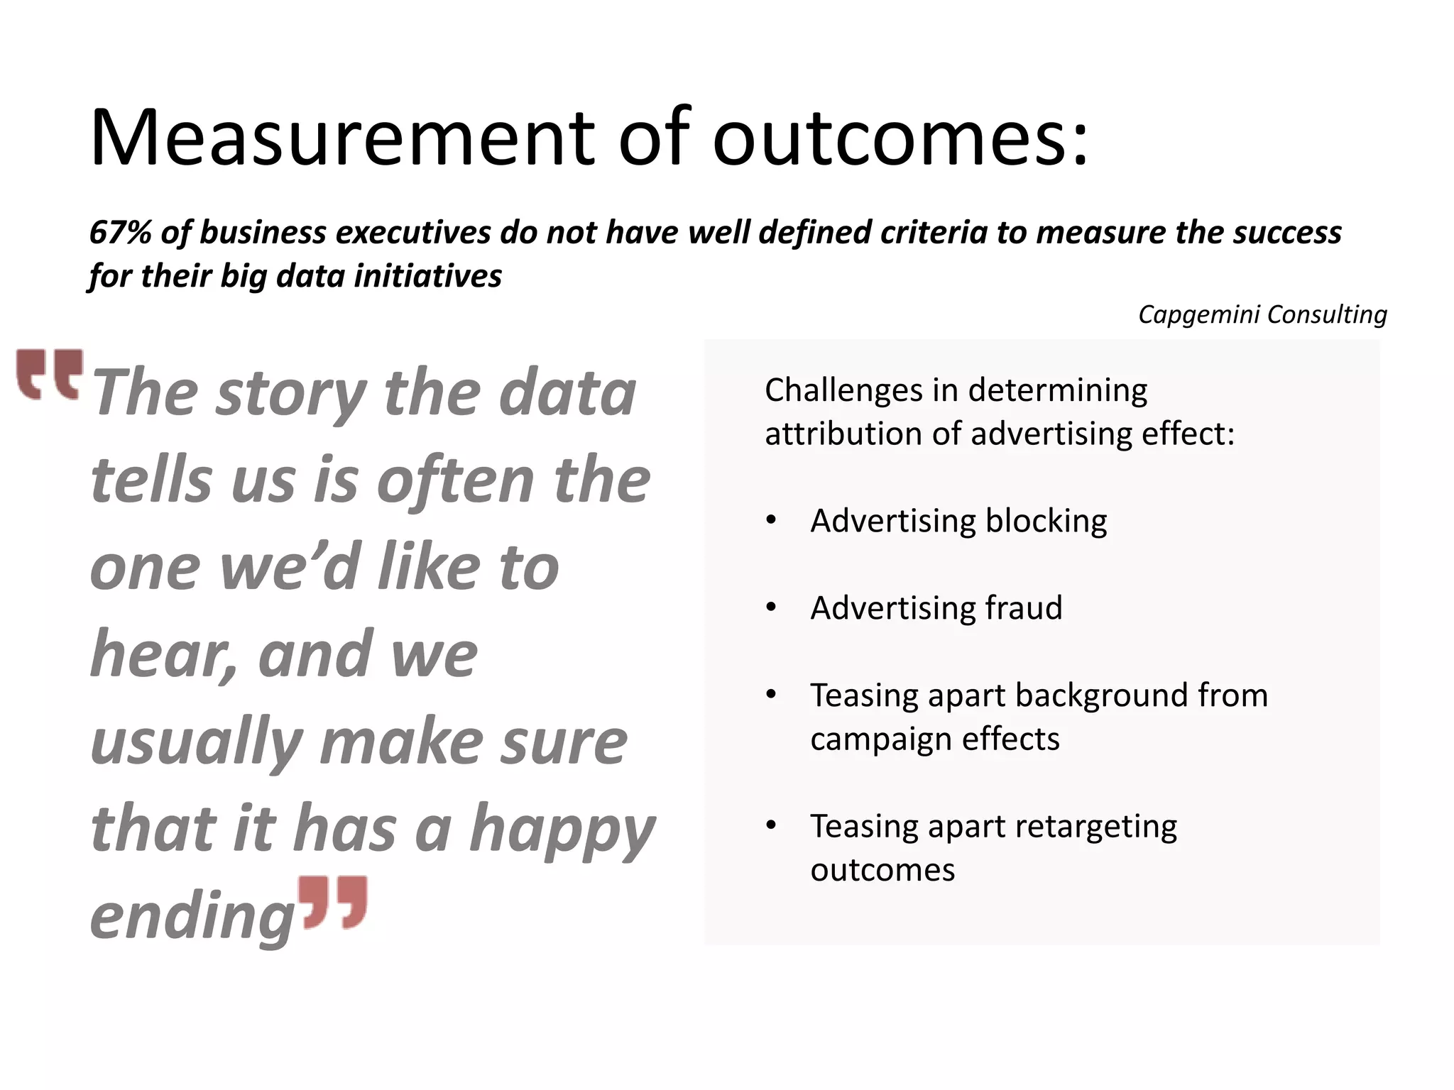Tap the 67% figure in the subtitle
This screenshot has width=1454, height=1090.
(x=119, y=233)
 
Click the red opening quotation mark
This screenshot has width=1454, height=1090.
(x=50, y=374)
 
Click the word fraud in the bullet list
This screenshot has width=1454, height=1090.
(x=1023, y=608)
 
